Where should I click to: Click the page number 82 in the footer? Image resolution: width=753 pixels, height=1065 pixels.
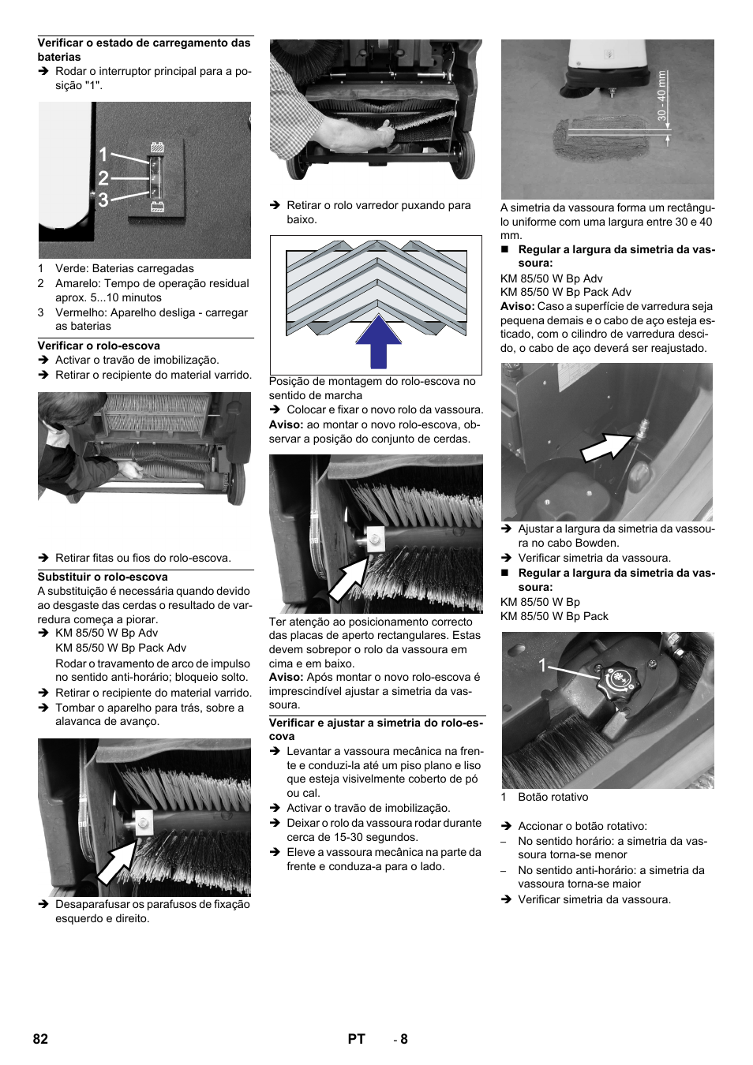tap(40, 1039)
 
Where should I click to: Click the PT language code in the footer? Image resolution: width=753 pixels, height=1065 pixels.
tap(356, 1039)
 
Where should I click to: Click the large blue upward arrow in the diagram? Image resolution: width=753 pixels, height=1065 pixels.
tap(378, 342)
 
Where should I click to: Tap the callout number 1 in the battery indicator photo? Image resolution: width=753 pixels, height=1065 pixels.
tap(103, 155)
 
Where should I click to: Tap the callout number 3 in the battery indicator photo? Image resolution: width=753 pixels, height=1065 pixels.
tap(103, 200)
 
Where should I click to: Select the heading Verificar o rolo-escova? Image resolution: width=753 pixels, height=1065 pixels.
tap(99, 346)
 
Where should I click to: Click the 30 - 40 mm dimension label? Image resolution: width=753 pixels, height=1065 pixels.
tap(662, 97)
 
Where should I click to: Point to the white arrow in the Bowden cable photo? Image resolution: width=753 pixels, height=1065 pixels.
tap(607, 447)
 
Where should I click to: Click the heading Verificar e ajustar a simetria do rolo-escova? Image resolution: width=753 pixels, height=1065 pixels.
tap(376, 729)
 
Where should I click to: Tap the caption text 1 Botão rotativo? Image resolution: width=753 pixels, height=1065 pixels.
tap(545, 797)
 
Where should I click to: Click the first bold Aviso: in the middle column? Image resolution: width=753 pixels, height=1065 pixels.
tap(286, 424)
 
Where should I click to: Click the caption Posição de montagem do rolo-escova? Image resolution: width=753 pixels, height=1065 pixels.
tap(372, 381)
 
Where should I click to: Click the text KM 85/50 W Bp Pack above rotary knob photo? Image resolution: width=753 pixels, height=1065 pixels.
tap(554, 616)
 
